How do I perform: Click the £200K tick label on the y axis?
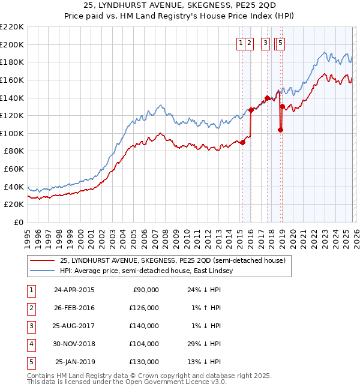tap(12, 44)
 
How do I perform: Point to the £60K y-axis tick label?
tap(14, 169)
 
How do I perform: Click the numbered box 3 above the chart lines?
tap(265, 43)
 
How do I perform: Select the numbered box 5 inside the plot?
tap(281, 43)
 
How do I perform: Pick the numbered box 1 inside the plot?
tap(241, 43)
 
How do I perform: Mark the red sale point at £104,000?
tap(280, 130)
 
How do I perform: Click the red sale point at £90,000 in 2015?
tap(242, 142)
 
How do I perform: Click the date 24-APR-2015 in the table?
tap(74, 290)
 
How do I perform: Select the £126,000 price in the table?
tap(145, 308)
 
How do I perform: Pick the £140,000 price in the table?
tap(145, 326)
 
